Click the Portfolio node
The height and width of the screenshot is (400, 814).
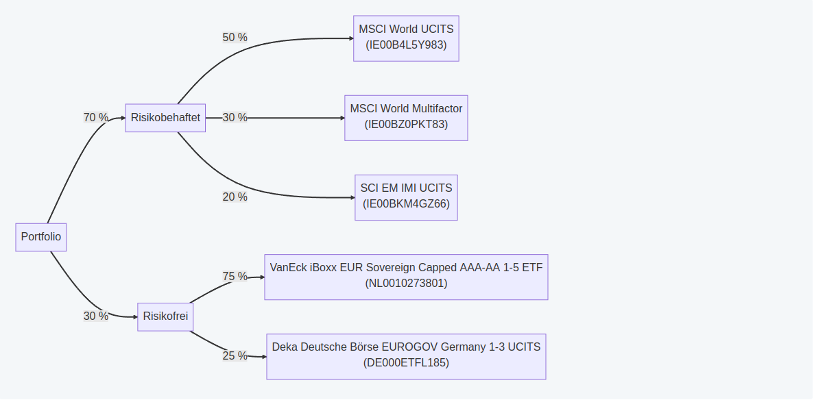41,237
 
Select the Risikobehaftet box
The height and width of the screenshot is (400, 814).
165,118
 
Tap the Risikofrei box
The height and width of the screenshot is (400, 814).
165,316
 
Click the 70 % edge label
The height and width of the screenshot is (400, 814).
96,118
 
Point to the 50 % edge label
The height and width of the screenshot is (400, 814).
235,38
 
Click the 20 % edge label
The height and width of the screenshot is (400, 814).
235,197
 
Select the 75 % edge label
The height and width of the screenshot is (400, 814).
235,277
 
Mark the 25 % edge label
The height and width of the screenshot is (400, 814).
235,356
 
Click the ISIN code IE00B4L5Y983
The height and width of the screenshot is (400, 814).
406,45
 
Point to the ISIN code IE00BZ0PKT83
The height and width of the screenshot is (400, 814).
406,125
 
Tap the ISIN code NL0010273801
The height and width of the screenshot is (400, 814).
406,284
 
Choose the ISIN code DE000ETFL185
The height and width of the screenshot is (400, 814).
406,363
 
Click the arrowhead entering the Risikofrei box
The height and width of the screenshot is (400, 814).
135,317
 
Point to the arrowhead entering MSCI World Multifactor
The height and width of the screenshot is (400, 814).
342,118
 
